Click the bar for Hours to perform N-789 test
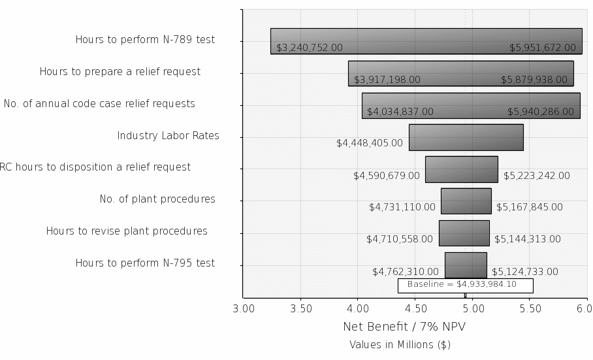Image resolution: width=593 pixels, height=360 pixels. coord(426,41)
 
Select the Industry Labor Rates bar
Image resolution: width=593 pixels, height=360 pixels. coord(466,137)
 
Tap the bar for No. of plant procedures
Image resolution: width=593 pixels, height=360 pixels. coord(466,201)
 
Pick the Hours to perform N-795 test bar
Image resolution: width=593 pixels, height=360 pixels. coord(466,265)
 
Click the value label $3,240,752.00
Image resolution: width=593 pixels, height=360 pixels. coord(310,48)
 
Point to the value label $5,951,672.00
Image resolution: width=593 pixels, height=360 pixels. coord(543,48)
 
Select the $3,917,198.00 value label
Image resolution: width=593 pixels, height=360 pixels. coord(387,80)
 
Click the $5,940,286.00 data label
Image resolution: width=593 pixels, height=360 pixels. coord(541,112)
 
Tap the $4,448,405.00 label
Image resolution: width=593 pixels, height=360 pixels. coord(370,142)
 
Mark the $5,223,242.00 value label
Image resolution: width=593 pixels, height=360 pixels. coord(537,176)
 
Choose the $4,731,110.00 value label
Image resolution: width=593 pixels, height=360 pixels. coord(402,207)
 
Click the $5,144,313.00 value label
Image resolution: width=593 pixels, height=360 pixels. coord(526,239)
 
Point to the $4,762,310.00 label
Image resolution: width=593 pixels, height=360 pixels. coord(406,272)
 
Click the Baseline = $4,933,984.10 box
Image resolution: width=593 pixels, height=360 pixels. coord(465,285)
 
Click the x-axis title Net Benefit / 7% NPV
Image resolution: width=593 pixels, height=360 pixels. coord(404,326)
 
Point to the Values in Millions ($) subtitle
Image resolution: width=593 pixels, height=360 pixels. coord(400,344)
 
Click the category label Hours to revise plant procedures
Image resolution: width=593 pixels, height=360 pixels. coord(127,231)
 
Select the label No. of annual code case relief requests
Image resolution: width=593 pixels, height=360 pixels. coord(99,104)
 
